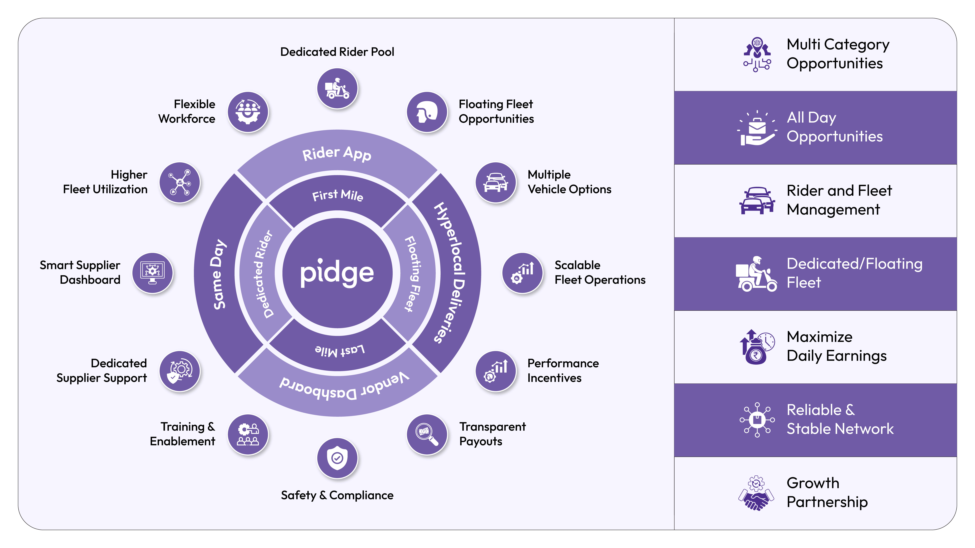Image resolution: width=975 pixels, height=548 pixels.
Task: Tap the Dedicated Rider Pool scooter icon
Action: click(x=337, y=88)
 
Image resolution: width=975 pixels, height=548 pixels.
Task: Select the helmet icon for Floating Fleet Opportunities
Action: click(x=427, y=112)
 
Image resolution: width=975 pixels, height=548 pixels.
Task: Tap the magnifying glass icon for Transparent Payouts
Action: click(x=427, y=434)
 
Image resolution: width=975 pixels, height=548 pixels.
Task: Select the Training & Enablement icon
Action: click(x=248, y=434)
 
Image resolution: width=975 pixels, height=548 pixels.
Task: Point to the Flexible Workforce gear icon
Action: click(x=248, y=112)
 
